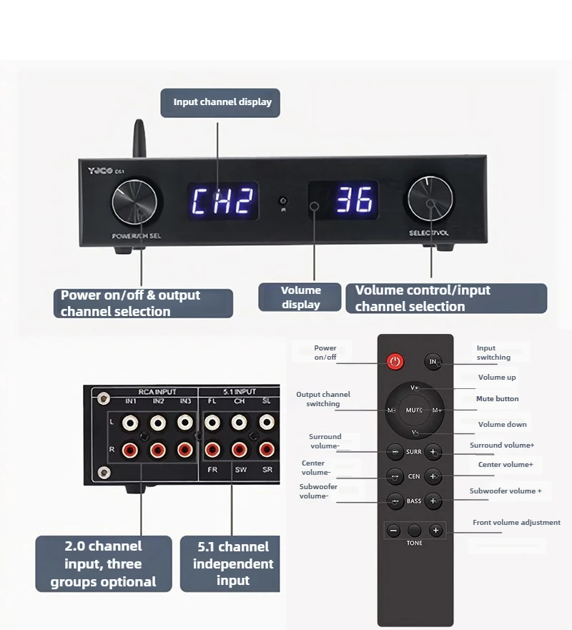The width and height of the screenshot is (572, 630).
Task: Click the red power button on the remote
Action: coord(395,362)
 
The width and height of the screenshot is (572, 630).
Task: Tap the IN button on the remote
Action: coord(433,362)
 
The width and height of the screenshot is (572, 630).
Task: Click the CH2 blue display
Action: coord(222,202)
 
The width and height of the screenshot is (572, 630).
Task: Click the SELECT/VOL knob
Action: coord(430,200)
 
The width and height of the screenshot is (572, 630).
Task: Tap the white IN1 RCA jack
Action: coord(131,423)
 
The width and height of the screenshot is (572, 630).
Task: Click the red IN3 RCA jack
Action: coord(184,451)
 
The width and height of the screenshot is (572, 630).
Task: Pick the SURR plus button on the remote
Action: coord(433,452)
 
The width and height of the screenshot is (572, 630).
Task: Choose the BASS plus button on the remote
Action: coord(433,501)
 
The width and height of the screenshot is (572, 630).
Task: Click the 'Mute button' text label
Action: coord(498,399)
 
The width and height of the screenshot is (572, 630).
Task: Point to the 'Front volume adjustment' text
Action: coord(516,523)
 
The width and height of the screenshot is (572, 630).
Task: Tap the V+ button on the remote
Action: coord(415,388)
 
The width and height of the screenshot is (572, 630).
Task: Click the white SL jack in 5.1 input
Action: coord(265,423)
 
